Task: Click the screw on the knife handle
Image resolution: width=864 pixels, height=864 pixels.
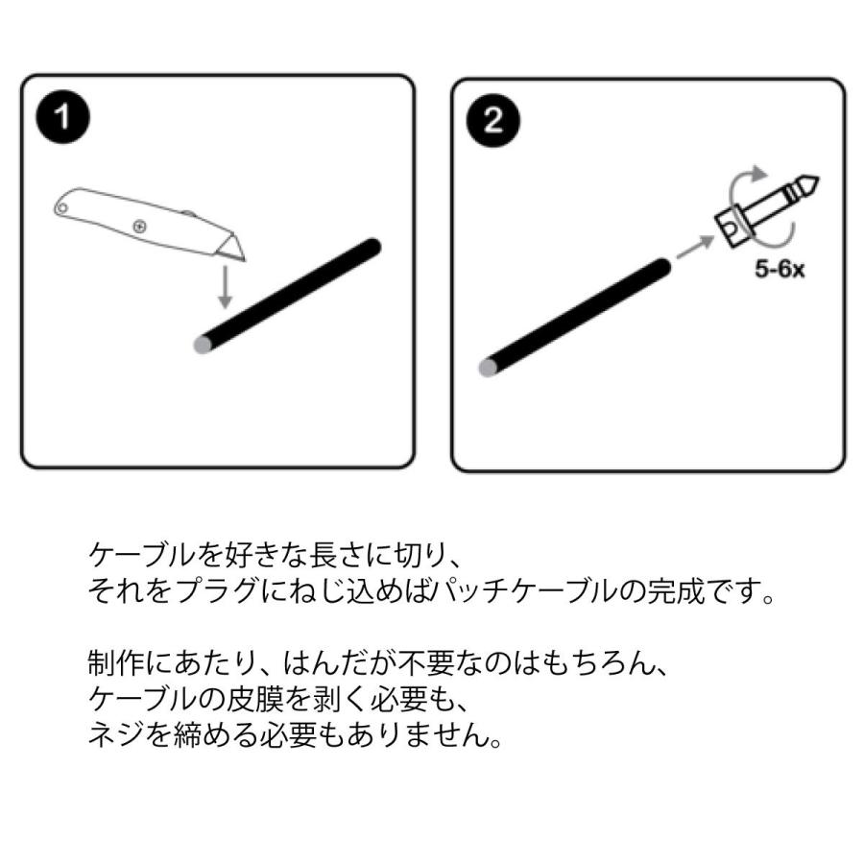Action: coord(140,226)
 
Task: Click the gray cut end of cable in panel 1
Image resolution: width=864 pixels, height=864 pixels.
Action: coord(202,345)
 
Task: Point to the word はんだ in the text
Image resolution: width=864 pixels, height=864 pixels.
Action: coord(298,663)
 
